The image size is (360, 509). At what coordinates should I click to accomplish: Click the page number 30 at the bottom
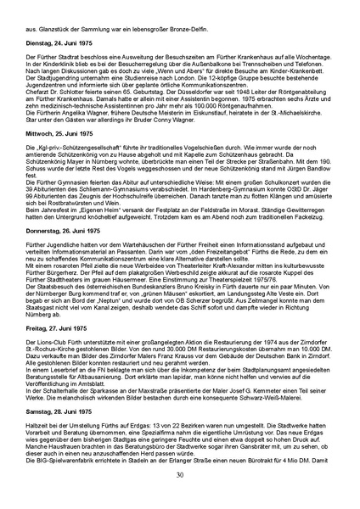tap(180, 474)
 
